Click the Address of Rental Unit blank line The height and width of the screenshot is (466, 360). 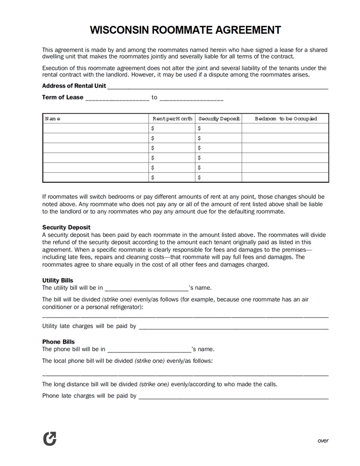217,86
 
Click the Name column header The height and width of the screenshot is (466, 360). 53,119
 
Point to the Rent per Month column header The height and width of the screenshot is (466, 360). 172,119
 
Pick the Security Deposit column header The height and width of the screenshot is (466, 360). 219,119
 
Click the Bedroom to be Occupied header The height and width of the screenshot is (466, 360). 285,119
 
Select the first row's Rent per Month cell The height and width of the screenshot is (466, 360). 172,128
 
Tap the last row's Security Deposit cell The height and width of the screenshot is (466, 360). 219,178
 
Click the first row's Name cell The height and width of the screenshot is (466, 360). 96,128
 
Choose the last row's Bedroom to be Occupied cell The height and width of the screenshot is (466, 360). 285,178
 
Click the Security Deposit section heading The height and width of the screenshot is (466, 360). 66,228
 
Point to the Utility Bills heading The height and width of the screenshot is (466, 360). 57,280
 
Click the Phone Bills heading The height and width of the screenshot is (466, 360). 58,342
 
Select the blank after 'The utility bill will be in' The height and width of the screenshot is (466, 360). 146,288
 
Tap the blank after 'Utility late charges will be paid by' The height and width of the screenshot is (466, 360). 233,327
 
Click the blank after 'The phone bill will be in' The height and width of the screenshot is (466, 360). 148,349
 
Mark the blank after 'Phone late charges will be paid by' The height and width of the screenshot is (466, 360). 233,396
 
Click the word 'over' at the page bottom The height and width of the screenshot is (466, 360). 323,440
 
